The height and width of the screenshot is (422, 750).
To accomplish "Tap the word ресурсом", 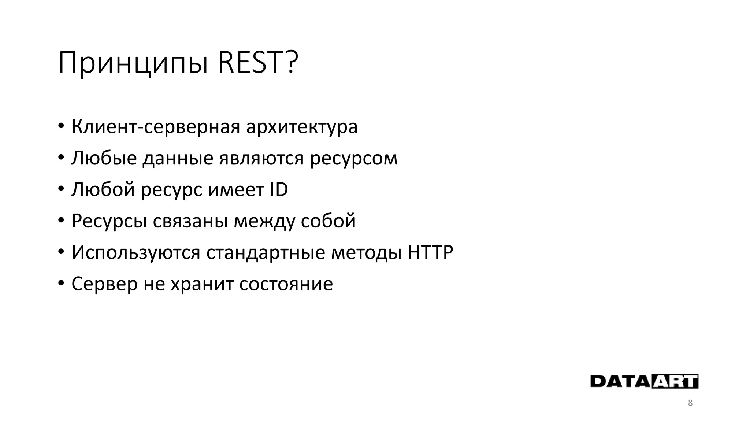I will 353,159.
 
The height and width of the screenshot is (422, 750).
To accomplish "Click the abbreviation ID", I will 279,189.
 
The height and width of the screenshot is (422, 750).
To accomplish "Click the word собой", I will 328,221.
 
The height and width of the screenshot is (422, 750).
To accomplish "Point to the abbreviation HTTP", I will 430,252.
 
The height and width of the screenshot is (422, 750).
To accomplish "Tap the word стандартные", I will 266,253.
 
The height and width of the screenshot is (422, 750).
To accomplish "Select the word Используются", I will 136,253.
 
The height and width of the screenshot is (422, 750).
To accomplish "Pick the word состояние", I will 286,284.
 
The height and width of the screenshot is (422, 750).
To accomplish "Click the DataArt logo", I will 644,381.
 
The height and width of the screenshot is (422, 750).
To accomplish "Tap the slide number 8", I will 690,403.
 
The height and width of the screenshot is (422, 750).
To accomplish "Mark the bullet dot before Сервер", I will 61,284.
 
